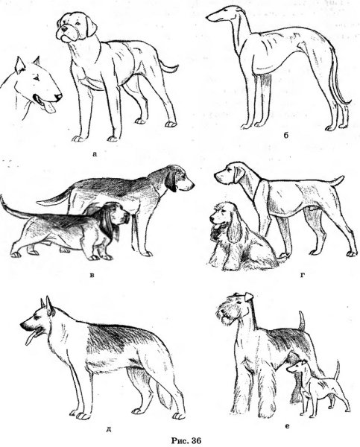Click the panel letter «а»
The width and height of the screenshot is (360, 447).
point(95,154)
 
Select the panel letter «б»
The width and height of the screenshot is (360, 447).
point(286,135)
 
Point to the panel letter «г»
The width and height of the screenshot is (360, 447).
point(303,275)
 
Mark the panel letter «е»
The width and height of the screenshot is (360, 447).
point(287,426)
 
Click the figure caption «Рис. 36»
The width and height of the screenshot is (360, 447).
point(186,440)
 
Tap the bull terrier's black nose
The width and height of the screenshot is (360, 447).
point(58,97)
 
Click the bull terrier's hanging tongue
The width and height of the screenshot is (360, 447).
point(50,107)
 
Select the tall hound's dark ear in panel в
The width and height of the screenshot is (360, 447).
point(171,181)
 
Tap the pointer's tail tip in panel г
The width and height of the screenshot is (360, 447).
point(342,177)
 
